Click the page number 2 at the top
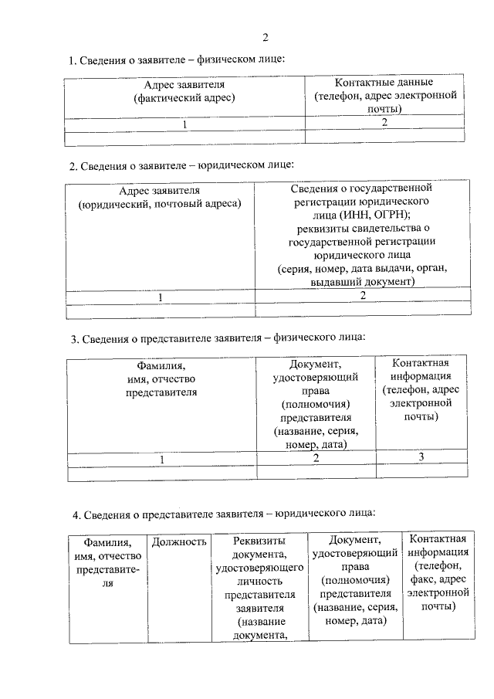[x=265, y=37]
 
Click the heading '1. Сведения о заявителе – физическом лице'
[x=178, y=59]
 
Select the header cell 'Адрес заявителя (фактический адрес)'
[x=184, y=90]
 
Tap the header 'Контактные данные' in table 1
[x=384, y=82]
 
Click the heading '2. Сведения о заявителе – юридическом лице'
[x=181, y=165]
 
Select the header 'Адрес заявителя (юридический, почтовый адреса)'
[x=160, y=196]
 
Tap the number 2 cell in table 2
[x=362, y=297]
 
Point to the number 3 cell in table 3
[x=421, y=458]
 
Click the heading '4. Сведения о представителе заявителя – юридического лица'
[x=224, y=512]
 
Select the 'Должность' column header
[x=179, y=542]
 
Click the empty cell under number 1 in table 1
[x=184, y=137]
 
